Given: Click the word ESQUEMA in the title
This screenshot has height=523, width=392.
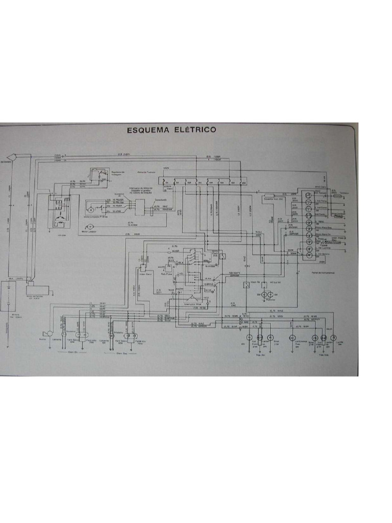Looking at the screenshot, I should click(149, 130).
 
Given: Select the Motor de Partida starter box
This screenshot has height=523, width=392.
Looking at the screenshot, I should click(36, 290).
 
